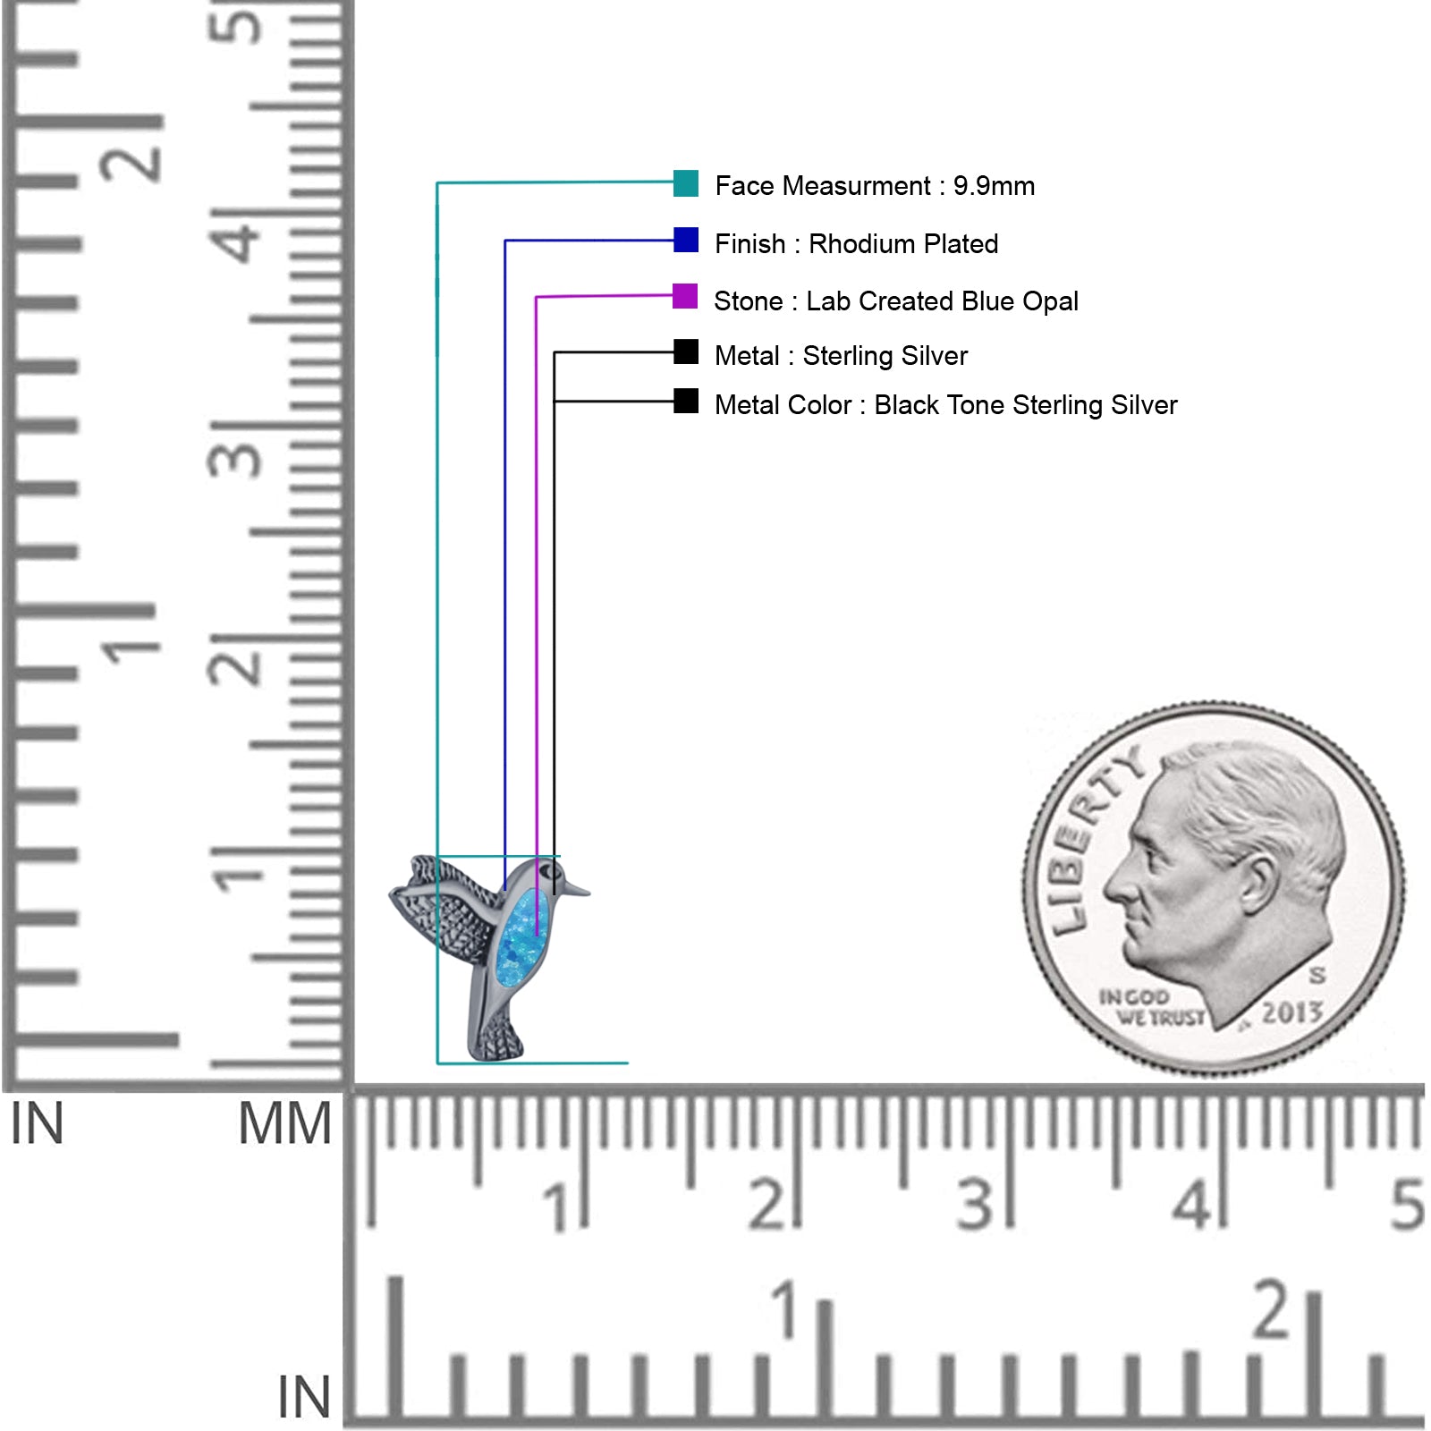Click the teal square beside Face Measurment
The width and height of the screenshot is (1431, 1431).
(686, 183)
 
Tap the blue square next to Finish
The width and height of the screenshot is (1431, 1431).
(686, 240)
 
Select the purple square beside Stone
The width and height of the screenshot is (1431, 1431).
(685, 296)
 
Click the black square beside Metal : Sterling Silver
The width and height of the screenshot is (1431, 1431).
(686, 351)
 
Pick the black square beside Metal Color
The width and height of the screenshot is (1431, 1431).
(686, 401)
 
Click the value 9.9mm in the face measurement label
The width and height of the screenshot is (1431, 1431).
(994, 186)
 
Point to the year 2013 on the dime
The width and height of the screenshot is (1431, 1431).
(1291, 1012)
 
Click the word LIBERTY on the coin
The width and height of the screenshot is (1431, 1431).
(1093, 837)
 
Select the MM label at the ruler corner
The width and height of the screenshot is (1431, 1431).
(284, 1124)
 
